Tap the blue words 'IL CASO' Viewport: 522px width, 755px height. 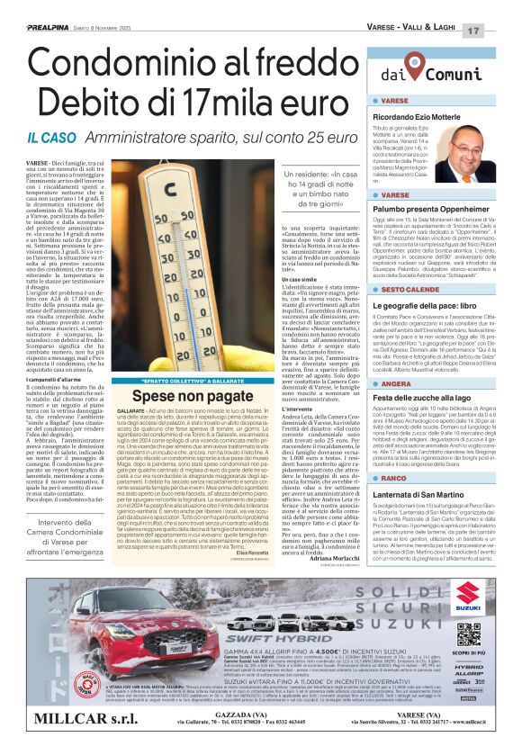pyautogui.click(x=57, y=138)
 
